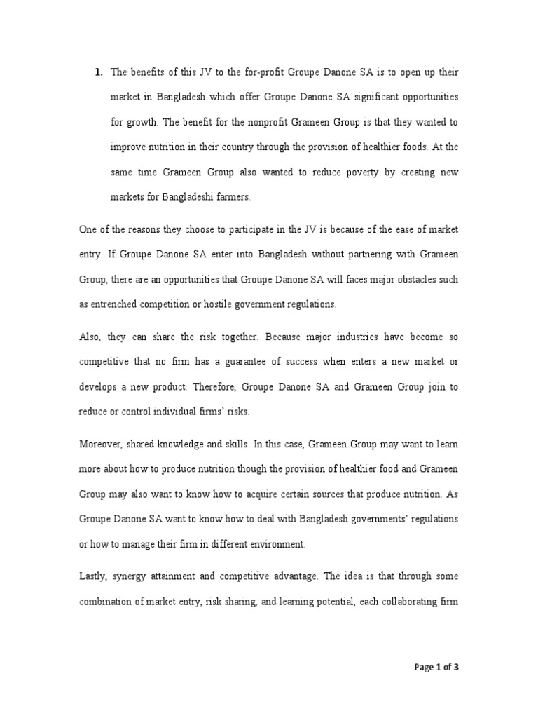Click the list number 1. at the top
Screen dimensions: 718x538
click(99, 72)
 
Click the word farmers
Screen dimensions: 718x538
click(231, 197)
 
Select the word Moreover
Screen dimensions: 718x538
click(100, 443)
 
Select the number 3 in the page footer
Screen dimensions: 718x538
click(456, 667)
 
